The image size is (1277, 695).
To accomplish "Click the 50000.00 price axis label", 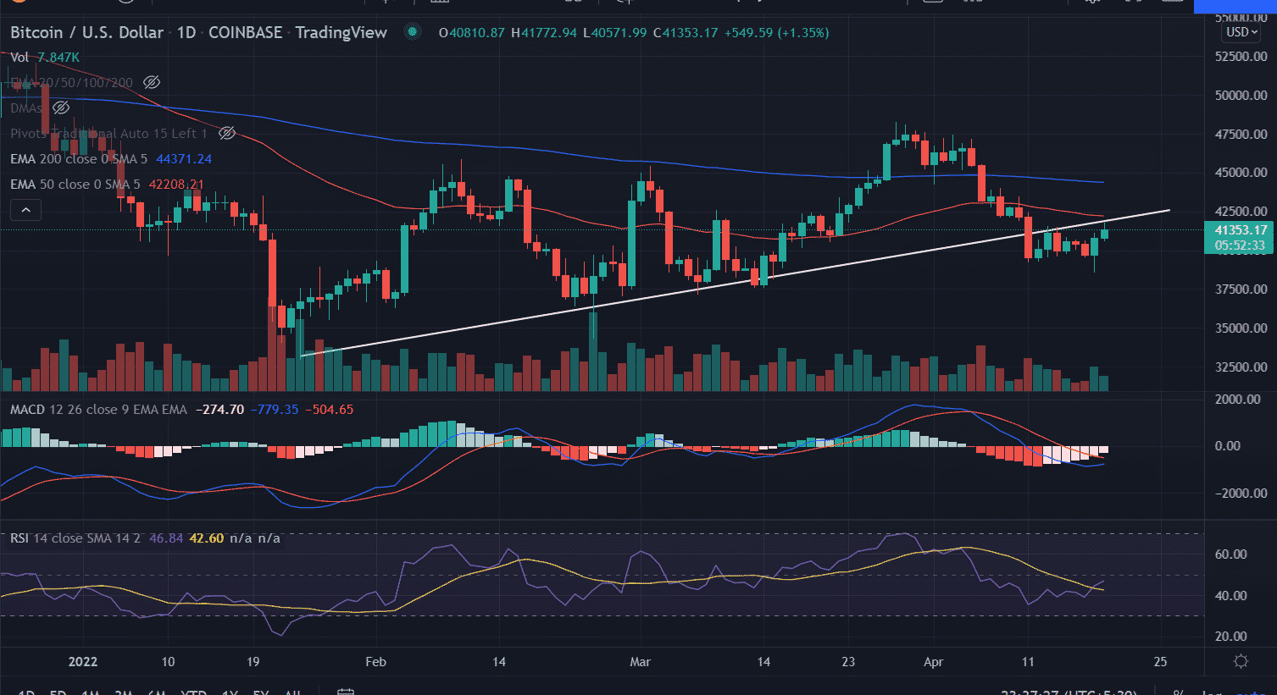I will click(1241, 95).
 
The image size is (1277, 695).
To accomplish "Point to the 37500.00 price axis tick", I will click(1241, 289).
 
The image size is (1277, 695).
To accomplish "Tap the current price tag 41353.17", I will click(1241, 230).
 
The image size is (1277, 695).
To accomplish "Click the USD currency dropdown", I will click(1242, 32).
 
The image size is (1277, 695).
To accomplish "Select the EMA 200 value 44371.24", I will click(184, 159).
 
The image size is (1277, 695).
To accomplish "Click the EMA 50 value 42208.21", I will click(176, 185).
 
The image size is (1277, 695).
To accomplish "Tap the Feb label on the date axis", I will click(375, 662).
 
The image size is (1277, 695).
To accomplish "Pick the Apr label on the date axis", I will click(933, 662).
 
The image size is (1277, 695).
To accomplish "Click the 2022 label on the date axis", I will click(82, 662).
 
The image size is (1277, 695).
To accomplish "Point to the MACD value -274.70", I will click(219, 410).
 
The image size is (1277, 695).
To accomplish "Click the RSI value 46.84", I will click(166, 538).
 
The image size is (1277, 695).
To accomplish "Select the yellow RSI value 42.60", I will click(206, 538).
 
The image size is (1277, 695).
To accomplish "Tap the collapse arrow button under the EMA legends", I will click(25, 210).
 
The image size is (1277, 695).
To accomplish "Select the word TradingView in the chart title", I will click(341, 33).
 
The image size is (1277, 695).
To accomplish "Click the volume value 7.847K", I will click(58, 58).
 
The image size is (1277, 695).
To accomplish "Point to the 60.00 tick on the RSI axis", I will click(1230, 554).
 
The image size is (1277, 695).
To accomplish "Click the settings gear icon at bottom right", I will click(1241, 662).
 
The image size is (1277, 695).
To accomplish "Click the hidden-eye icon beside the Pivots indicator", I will click(227, 133).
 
